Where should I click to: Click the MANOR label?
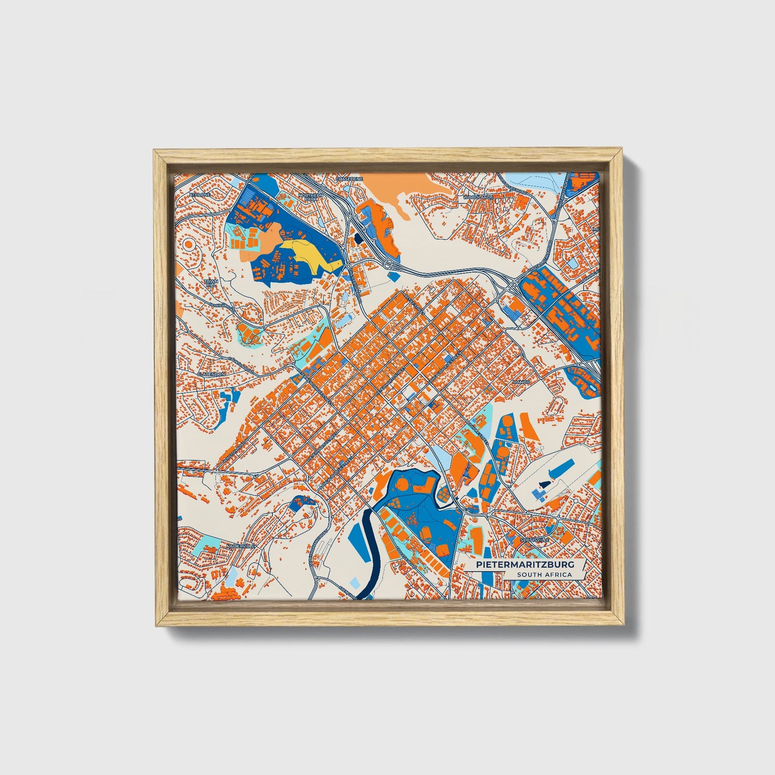pos(521,382)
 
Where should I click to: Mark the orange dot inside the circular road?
pos(188,245)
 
